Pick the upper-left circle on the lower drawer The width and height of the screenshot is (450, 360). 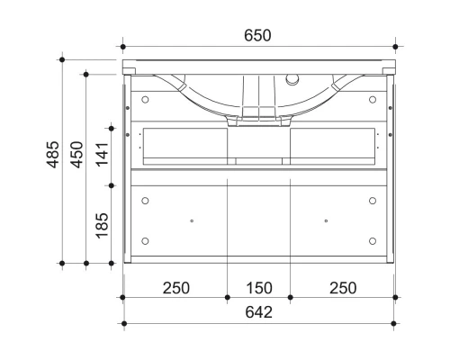(145, 200)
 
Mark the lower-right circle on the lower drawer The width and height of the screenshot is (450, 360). (372, 240)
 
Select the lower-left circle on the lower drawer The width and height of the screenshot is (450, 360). (145, 240)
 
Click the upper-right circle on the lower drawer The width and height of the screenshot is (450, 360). (372, 200)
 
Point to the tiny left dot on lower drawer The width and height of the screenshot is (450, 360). (192, 220)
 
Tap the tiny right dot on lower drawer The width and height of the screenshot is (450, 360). (325, 220)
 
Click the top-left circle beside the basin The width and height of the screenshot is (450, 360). (145, 98)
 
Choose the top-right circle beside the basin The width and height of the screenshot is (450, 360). (372, 98)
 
